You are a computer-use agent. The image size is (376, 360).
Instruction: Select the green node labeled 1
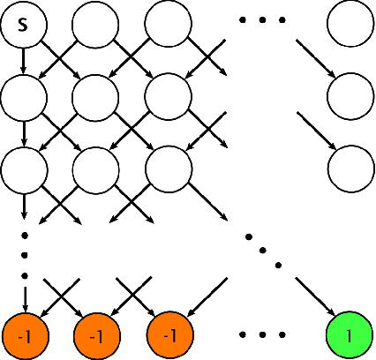[x=349, y=335]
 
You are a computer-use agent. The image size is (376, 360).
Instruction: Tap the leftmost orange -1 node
[x=25, y=335]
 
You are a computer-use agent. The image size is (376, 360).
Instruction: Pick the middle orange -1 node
[x=97, y=335]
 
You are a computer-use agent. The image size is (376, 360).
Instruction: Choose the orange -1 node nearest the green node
[x=169, y=335]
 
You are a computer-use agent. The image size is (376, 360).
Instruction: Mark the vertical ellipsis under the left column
[x=25, y=256]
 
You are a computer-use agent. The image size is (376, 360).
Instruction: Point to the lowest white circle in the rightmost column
[x=349, y=166]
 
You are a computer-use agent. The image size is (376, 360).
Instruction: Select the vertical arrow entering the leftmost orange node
[x=25, y=296]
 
